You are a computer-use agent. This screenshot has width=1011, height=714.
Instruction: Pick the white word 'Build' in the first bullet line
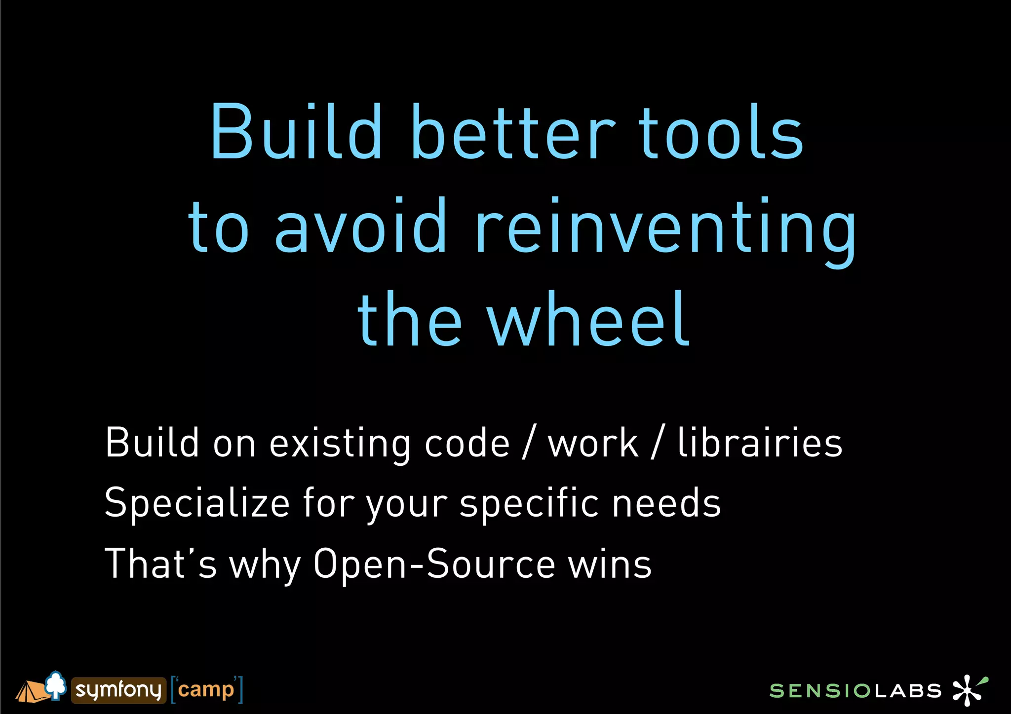pos(152,443)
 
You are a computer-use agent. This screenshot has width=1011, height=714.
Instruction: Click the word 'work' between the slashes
pos(593,443)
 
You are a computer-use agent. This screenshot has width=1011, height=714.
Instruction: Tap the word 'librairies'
pos(760,443)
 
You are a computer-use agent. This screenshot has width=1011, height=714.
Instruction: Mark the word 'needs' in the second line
pos(666,503)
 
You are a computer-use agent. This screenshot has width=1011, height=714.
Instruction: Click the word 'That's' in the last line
pos(161,563)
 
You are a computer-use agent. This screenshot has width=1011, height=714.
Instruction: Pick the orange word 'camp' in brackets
pos(206,690)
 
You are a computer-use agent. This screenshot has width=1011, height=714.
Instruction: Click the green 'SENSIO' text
pos(820,691)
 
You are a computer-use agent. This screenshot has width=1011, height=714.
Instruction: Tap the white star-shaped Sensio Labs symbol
pos(968,690)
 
